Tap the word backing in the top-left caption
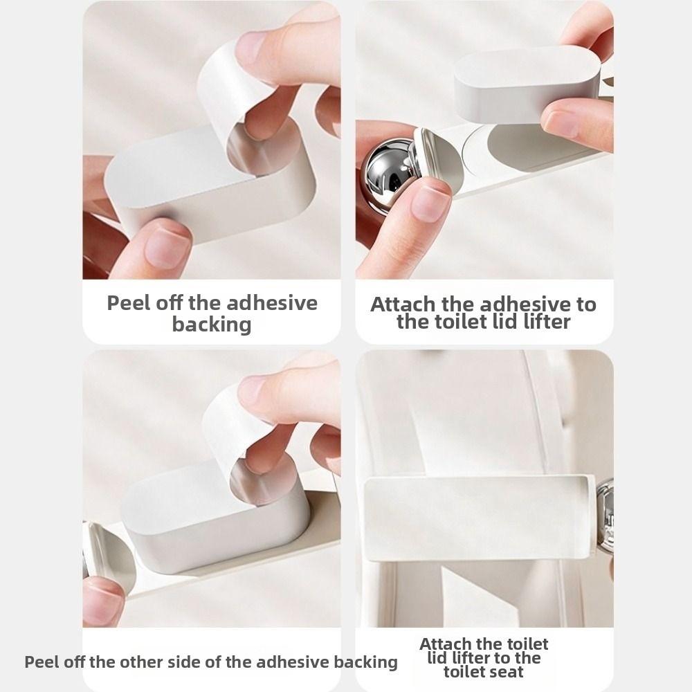212,324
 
